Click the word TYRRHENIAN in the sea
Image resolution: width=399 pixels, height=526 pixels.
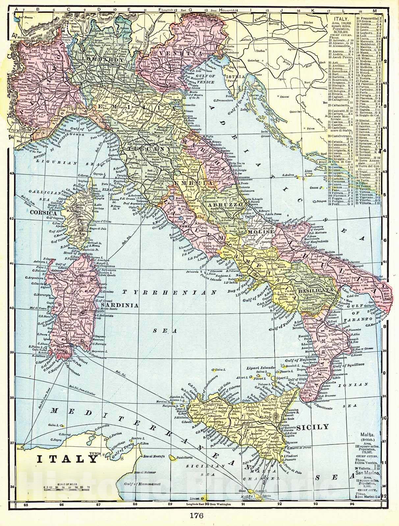click(x=169, y=292)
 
